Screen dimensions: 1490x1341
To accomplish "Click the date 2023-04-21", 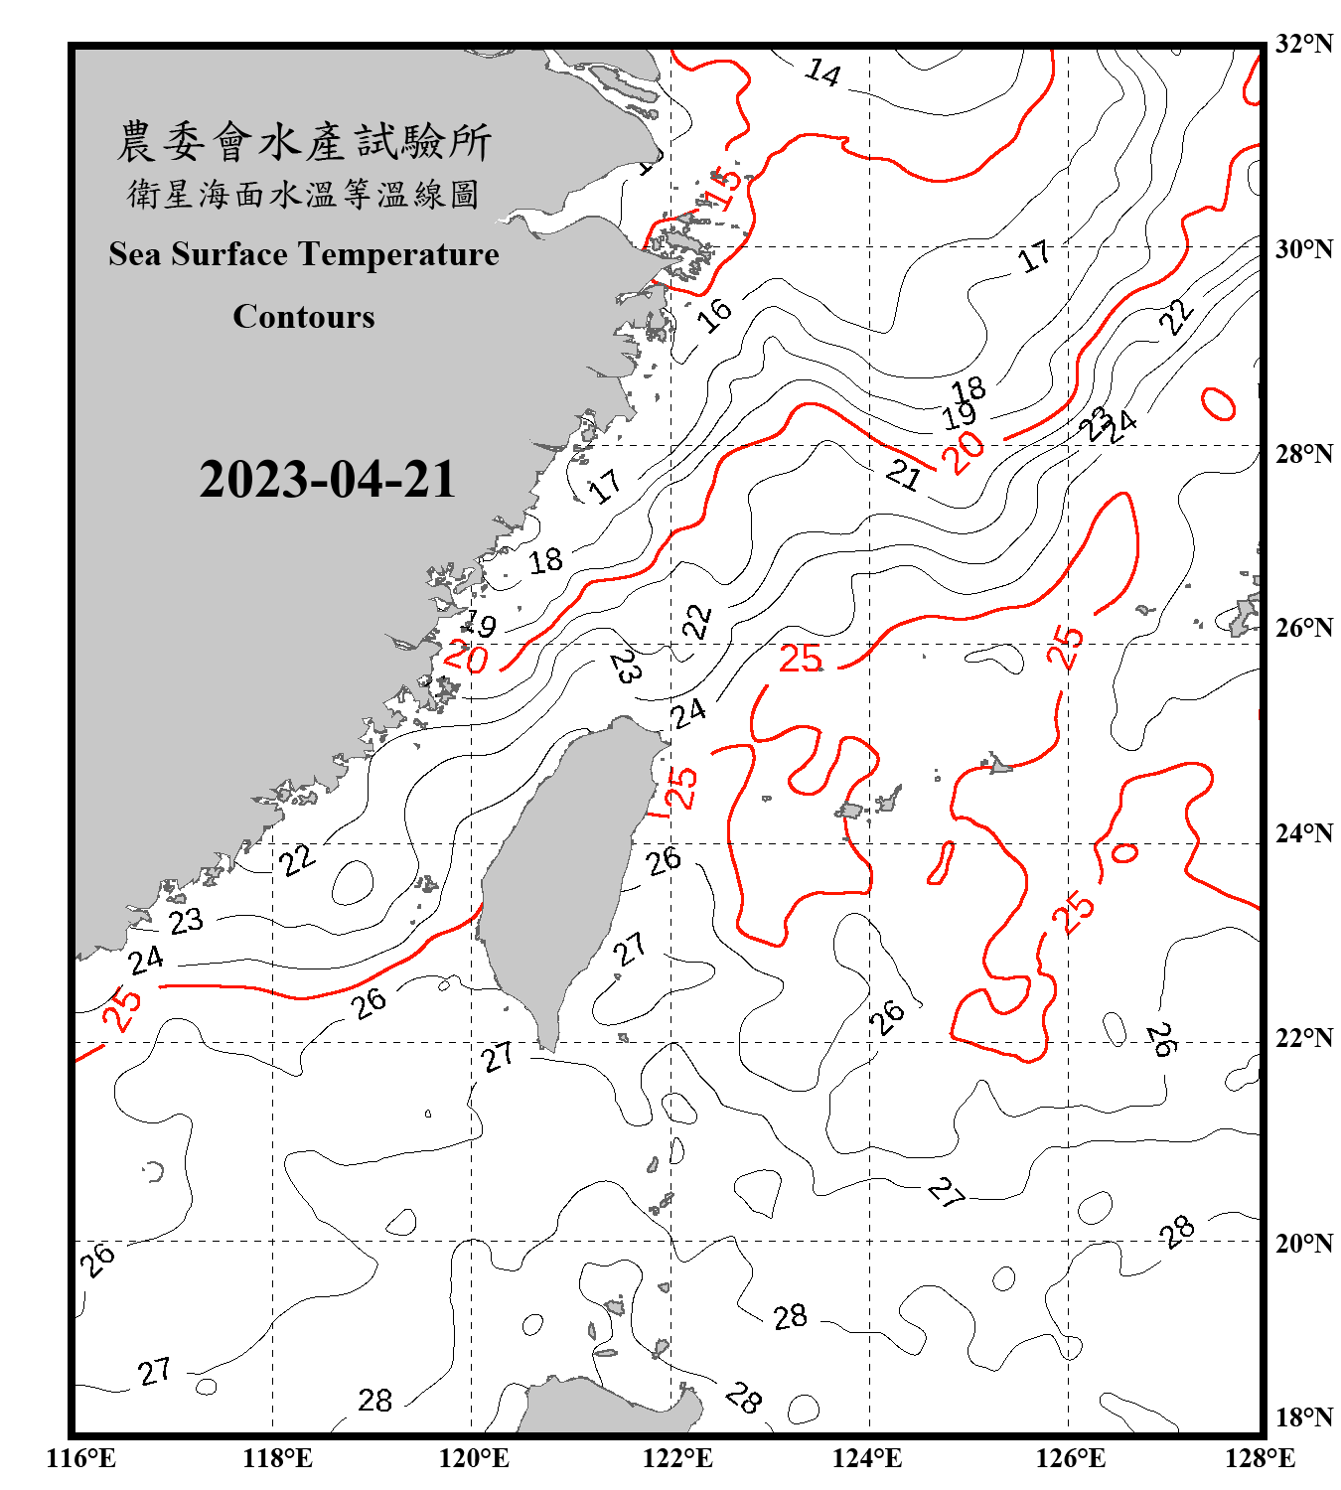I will click(x=327, y=480).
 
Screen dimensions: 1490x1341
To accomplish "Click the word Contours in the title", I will click(x=304, y=317).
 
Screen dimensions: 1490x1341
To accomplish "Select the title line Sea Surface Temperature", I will click(x=304, y=254).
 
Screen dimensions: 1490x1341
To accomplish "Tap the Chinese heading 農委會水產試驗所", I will click(x=304, y=142).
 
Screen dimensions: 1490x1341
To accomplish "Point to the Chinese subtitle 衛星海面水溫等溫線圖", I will click(x=304, y=195).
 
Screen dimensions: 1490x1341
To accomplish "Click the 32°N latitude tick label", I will click(x=1304, y=44).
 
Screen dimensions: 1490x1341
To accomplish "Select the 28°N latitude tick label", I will click(x=1304, y=454).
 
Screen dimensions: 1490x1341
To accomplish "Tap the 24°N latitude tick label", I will click(x=1304, y=832).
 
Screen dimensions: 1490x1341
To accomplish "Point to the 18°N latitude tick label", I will click(x=1304, y=1417).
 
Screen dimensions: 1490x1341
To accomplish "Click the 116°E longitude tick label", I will click(x=81, y=1458).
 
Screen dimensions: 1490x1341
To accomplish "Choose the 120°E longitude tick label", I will click(x=474, y=1458).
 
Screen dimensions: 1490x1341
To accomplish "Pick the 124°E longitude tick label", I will click(x=867, y=1458).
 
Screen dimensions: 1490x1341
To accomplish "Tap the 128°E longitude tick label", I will click(x=1260, y=1458).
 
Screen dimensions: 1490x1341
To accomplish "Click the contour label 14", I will click(x=823, y=73).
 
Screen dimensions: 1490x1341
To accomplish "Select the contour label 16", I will click(x=714, y=315).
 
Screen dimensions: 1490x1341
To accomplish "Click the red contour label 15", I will click(x=726, y=188).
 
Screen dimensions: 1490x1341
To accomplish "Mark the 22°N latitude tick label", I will click(x=1304, y=1038).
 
